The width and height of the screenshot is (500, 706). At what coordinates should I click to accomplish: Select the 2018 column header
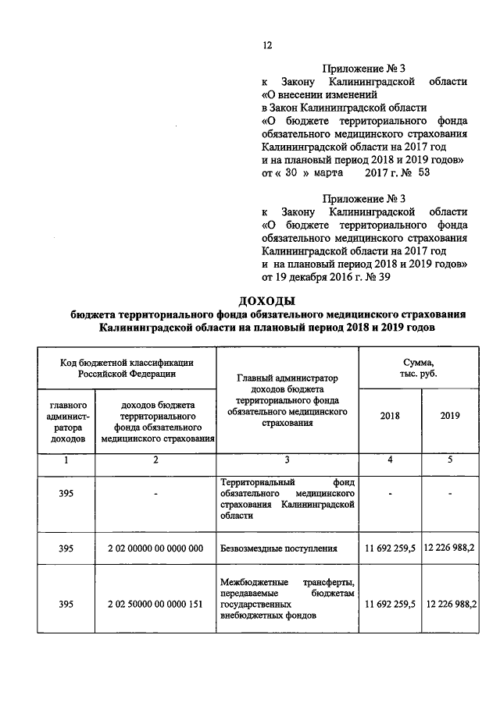click(x=389, y=415)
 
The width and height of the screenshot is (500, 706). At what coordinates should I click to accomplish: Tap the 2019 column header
click(x=449, y=415)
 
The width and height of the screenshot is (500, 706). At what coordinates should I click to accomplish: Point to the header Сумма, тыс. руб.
click(x=419, y=367)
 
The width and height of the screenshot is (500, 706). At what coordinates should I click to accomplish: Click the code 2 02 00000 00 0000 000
click(x=155, y=548)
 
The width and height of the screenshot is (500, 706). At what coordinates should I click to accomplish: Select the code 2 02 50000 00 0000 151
click(x=155, y=604)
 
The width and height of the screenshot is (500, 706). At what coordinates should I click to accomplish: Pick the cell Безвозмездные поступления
click(x=269, y=548)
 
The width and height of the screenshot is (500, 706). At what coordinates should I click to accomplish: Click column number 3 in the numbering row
click(x=287, y=460)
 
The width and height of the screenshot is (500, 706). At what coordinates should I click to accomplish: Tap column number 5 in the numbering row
click(x=449, y=460)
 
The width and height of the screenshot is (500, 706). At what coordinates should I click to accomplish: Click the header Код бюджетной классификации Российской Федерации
click(x=126, y=367)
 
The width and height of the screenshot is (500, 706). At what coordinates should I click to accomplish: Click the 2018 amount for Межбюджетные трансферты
click(x=389, y=604)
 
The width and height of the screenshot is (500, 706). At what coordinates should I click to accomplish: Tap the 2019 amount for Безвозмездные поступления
click(x=449, y=548)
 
